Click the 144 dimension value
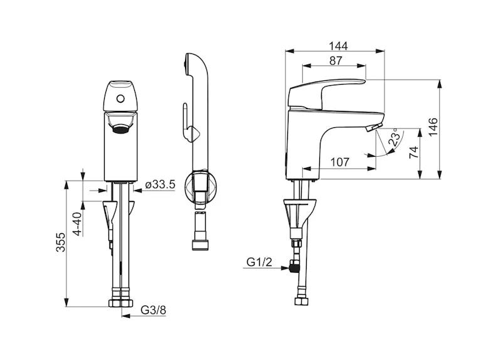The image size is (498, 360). (338, 46)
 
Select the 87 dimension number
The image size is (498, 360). (336, 60)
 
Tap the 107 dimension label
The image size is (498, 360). (340, 162)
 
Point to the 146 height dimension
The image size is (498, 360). (433, 127)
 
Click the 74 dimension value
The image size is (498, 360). (413, 152)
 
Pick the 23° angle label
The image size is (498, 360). (395, 137)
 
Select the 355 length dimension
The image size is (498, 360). (60, 242)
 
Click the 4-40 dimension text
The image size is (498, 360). (77, 224)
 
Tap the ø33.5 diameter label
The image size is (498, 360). (161, 184)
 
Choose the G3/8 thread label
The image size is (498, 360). (154, 310)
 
